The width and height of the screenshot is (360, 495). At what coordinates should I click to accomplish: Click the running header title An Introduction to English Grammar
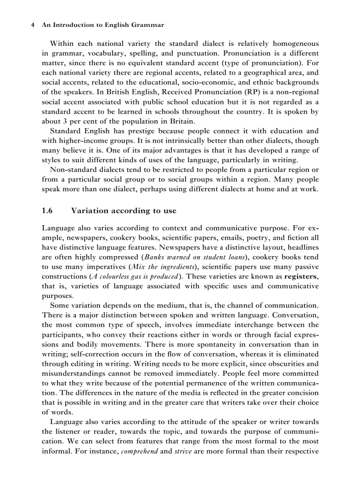[103, 25]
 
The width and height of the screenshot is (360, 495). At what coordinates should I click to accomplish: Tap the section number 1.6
[47, 211]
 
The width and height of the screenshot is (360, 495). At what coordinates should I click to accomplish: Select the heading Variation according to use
[124, 211]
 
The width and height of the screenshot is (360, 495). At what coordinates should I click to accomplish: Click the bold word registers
[301, 276]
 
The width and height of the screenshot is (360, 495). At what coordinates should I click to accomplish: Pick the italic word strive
[183, 452]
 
